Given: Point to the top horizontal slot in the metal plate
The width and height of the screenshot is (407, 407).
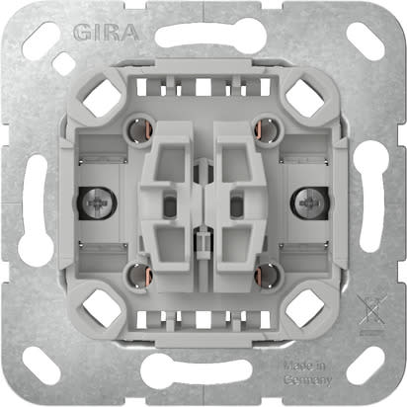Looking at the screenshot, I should coord(203,38).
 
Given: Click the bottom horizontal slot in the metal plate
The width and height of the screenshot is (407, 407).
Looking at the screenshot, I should coord(203,371).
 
